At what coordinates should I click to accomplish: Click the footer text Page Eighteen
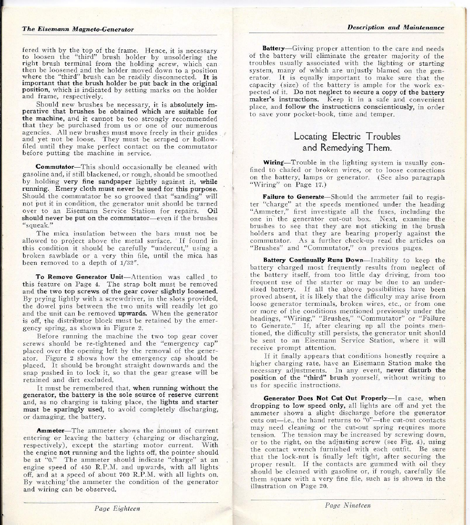(x=117, y=509)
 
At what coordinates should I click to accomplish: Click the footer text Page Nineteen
(x=348, y=505)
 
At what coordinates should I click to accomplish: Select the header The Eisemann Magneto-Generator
(x=78, y=29)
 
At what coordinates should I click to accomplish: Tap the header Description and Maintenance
(x=395, y=27)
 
